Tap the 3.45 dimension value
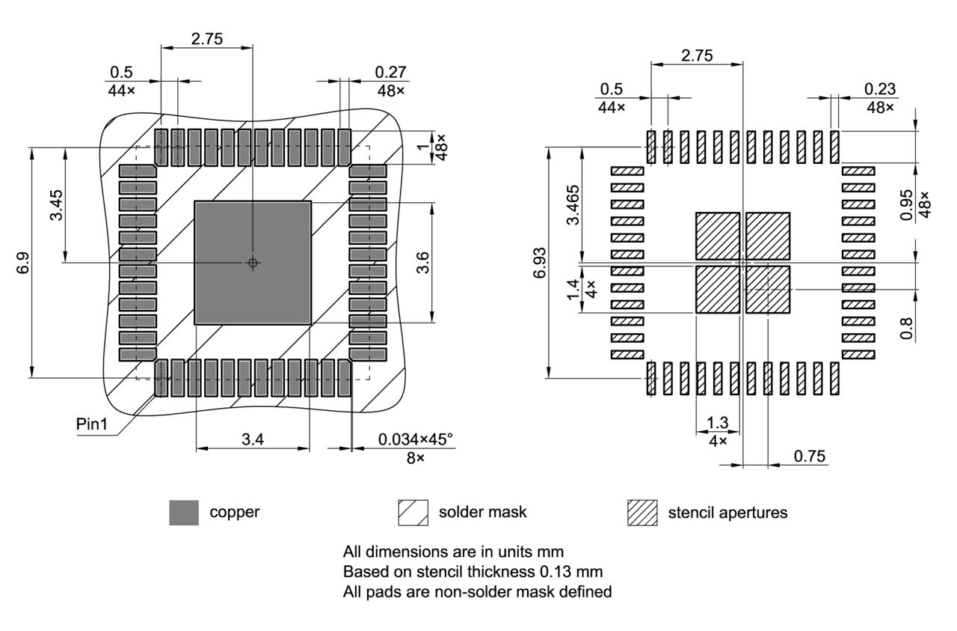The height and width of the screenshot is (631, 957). pos(56,204)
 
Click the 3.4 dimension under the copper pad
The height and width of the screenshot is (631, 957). pos(252,439)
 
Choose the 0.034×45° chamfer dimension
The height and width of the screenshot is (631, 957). pos(416,439)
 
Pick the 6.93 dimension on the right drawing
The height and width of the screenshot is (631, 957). pos(540,263)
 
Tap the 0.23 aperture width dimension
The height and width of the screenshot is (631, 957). pos(880,88)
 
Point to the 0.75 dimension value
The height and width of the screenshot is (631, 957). pos(810,456)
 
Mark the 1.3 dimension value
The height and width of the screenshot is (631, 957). pos(717,423)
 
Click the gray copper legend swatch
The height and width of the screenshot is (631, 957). pos(184,513)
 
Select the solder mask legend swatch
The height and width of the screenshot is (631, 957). pos(413,513)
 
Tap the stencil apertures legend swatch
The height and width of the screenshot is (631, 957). pos(642,513)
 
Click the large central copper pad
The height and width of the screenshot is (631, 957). pos(253,232)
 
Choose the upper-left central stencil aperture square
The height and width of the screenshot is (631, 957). pos(717,235)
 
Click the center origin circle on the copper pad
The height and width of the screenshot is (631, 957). pos(253,263)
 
